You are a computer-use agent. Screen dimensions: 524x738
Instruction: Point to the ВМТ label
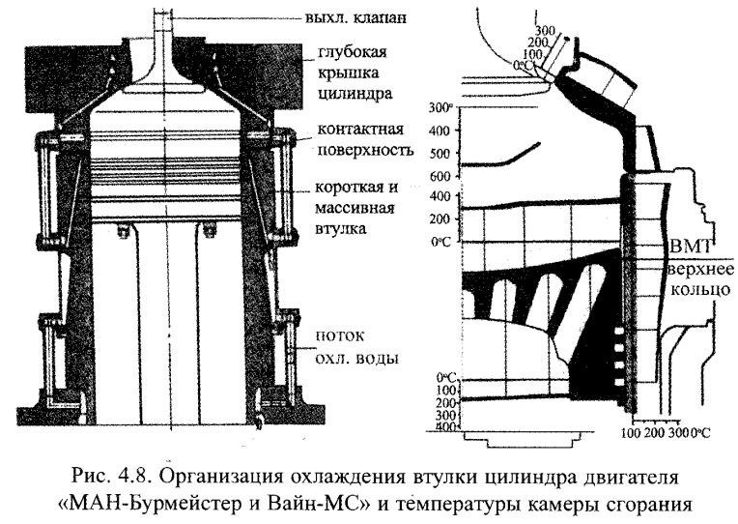click(x=687, y=247)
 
